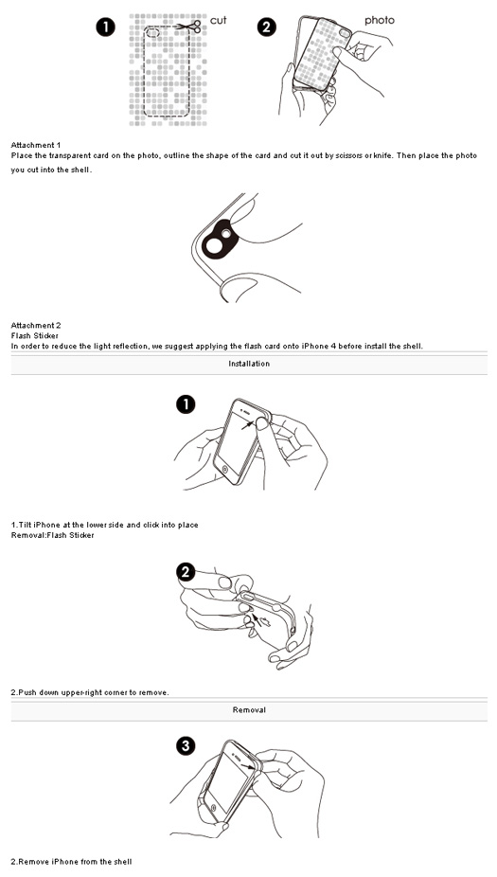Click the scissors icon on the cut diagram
[189, 27]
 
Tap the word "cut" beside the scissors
[218, 21]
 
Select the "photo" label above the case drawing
[379, 21]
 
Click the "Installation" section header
[249, 364]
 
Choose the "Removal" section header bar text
[249, 709]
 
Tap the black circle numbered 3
[186, 745]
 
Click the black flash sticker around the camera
[220, 238]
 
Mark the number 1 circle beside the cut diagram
[105, 27]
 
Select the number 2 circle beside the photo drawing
[267, 27]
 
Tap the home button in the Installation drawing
[225, 468]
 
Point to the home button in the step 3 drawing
[214, 807]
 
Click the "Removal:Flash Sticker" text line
[53, 535]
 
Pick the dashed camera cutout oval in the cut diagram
[152, 33]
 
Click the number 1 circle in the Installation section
[186, 404]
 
